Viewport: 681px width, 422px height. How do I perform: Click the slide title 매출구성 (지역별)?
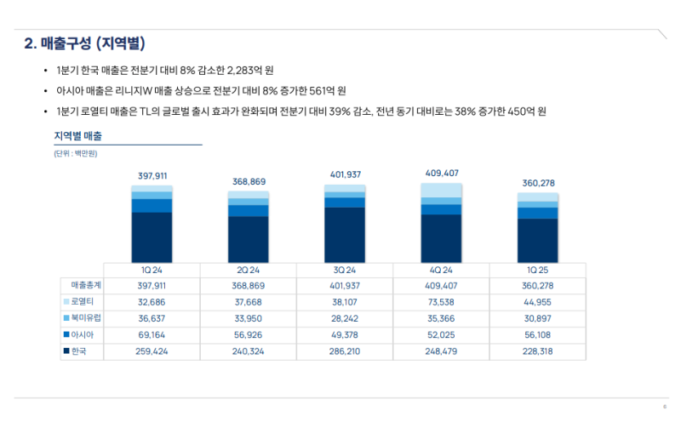coord(102,43)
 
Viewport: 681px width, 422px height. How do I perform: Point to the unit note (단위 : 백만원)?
coord(75,153)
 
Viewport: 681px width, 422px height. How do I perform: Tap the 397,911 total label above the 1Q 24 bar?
coord(152,176)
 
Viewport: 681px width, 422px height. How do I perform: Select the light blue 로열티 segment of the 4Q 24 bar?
coord(441,190)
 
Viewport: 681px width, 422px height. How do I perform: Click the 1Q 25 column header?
coord(538,269)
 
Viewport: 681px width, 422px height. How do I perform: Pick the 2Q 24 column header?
coord(249,269)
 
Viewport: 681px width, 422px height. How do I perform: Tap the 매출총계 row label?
coord(86,285)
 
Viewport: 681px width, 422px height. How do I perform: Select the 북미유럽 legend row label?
coord(86,317)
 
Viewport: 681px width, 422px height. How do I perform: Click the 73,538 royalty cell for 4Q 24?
coord(441,301)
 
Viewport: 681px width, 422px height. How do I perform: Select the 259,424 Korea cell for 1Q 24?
coord(152,350)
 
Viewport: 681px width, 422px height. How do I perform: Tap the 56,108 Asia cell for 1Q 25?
coord(538,334)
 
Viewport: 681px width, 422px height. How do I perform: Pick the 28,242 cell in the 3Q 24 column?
coord(345,317)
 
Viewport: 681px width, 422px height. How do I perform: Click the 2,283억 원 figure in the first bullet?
coord(252,69)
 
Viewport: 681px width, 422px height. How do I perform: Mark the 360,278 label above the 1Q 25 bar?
coord(538,183)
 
